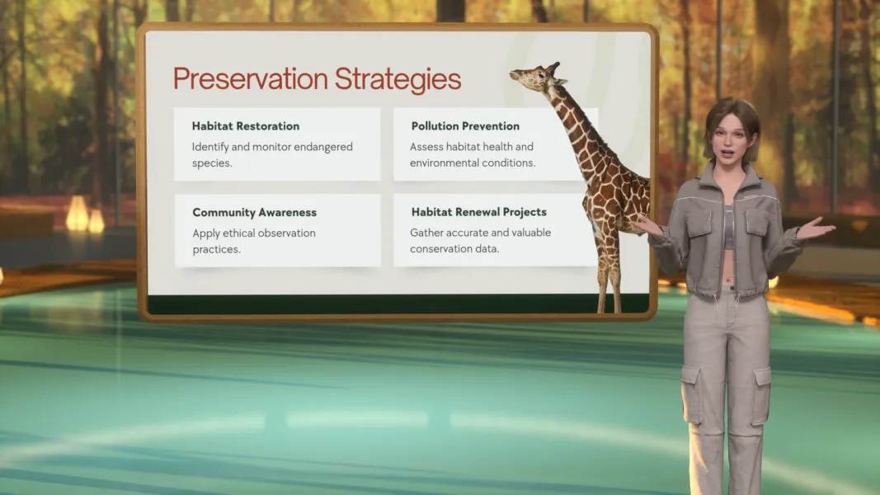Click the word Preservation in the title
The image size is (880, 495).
(250, 80)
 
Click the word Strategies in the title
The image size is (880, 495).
(398, 80)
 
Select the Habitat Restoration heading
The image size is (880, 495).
(246, 126)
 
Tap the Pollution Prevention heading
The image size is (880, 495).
(465, 126)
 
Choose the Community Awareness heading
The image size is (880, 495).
(254, 212)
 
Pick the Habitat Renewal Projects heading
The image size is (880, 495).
(478, 212)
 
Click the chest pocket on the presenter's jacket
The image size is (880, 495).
(757, 221)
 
